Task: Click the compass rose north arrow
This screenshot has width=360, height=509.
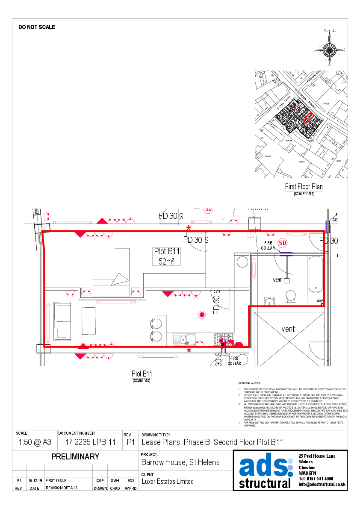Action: click(x=330, y=50)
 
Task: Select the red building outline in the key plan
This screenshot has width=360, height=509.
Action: click(x=309, y=117)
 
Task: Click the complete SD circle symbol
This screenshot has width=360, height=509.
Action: click(x=282, y=243)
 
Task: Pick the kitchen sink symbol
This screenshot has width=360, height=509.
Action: click(x=184, y=340)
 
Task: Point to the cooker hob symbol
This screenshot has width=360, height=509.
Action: click(x=223, y=339)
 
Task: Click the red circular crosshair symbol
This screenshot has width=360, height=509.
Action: click(x=202, y=315)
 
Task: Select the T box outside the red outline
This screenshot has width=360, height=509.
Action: click(x=223, y=221)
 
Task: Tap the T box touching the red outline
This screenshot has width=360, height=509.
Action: click(x=251, y=235)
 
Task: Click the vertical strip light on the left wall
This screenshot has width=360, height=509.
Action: click(x=48, y=323)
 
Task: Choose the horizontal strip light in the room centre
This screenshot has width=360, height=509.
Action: click(x=116, y=302)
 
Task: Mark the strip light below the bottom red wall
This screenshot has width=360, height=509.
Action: click(x=158, y=356)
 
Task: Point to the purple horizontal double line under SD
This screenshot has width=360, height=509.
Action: click(x=286, y=254)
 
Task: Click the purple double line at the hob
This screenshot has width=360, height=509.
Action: click(x=223, y=346)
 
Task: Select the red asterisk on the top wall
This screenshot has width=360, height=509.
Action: click(x=189, y=228)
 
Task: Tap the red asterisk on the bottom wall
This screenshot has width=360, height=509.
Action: click(x=189, y=350)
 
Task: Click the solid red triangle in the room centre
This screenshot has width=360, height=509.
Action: click(x=167, y=294)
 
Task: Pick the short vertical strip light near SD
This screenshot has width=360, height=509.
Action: click(x=254, y=268)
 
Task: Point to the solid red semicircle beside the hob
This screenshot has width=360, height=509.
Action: click(x=239, y=344)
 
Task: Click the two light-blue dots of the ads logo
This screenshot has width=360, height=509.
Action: click(x=290, y=467)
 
